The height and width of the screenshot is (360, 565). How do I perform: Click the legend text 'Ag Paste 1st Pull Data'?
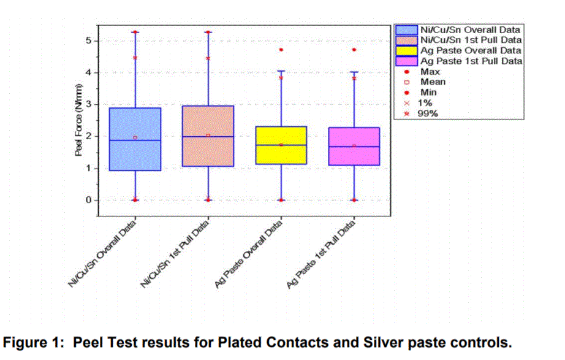coord(471,61)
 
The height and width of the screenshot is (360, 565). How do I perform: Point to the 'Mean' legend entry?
coord(433,82)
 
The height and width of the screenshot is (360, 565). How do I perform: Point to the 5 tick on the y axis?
coord(88,40)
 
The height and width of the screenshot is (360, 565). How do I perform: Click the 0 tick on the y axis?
coord(88,200)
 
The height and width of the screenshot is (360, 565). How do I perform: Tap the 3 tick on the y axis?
coord(88,104)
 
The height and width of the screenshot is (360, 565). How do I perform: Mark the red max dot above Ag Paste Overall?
coord(281,50)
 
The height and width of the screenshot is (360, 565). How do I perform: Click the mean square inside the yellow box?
coord(281,145)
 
